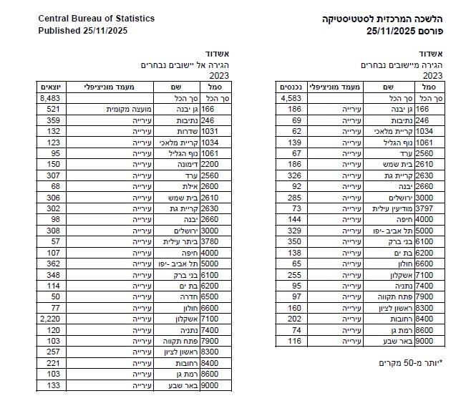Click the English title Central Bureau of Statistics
tap(95, 18)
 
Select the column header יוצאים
tap(52, 87)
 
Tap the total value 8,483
tap(52, 98)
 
